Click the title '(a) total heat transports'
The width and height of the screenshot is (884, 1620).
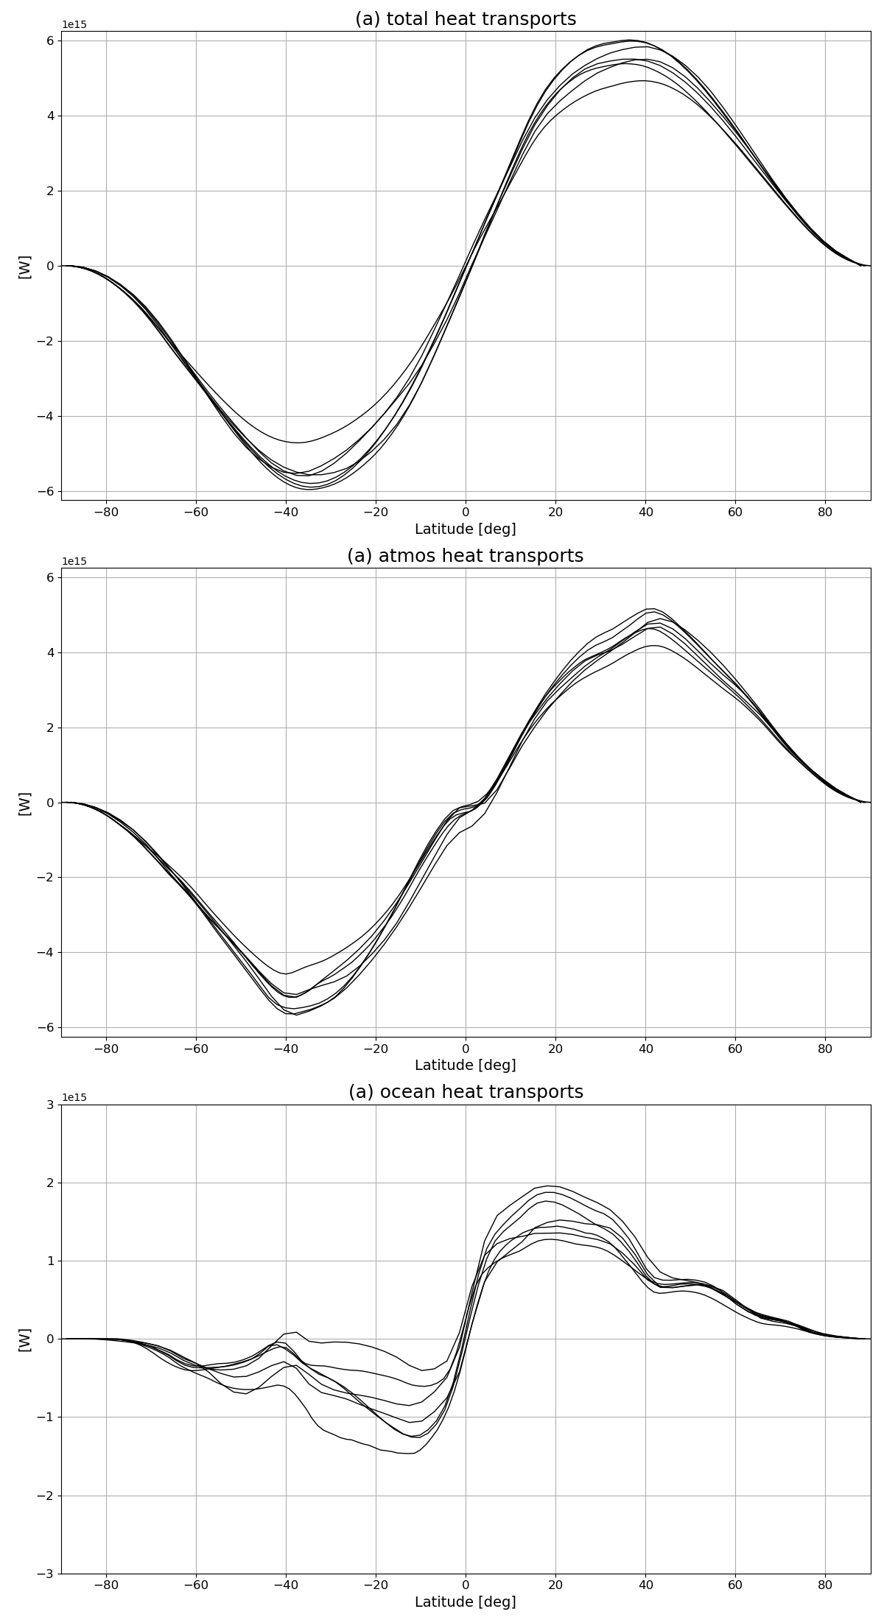[x=466, y=19]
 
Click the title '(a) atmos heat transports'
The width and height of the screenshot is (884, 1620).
[x=466, y=556]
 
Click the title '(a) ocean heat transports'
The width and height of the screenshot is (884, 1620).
[x=466, y=1092]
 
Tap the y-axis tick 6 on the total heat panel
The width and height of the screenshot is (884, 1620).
[x=50, y=40]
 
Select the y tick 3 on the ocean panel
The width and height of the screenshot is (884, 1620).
[x=50, y=1105]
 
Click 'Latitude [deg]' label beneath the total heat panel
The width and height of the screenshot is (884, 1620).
[x=466, y=529]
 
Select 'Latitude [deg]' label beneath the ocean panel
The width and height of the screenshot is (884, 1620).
[x=466, y=1602]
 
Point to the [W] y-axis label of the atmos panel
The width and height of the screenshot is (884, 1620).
[x=24, y=803]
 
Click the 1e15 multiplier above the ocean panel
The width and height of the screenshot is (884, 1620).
[x=74, y=1097]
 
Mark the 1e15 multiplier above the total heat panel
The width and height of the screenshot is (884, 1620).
[x=74, y=24]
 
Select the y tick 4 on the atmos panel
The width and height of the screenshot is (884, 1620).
[x=50, y=652]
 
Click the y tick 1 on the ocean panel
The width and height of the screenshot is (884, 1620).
[x=50, y=1261]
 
